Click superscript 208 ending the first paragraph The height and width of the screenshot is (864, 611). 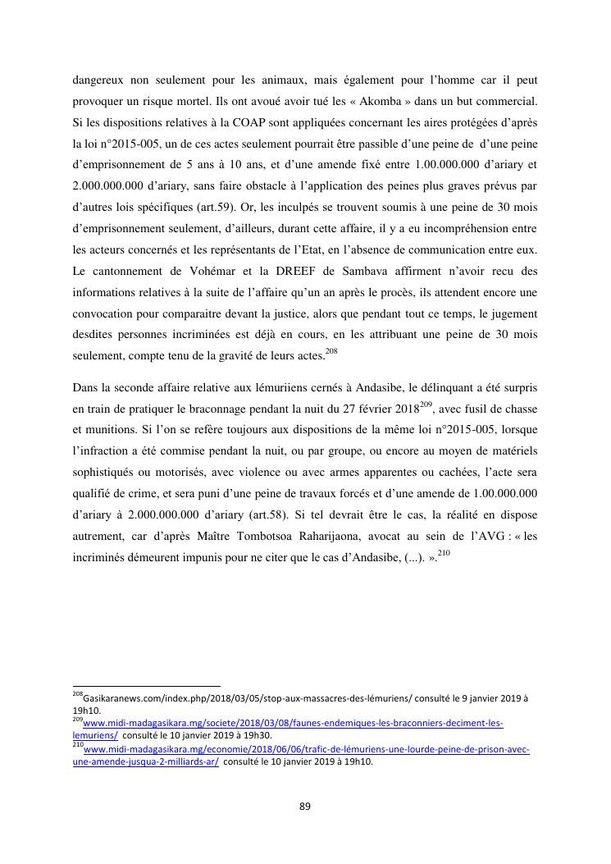[331, 351]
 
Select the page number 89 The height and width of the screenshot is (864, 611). [305, 807]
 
